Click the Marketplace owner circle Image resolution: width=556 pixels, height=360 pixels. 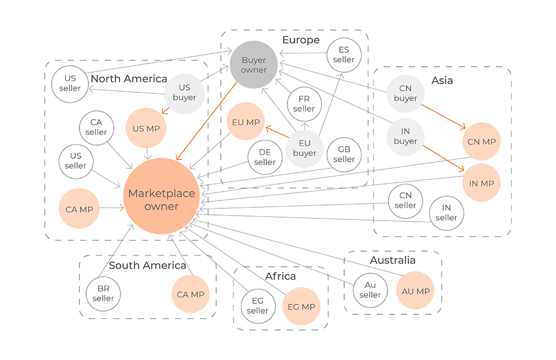tap(161, 199)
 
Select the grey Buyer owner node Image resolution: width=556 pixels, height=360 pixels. tap(254, 65)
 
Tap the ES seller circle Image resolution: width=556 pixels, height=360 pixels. tap(344, 55)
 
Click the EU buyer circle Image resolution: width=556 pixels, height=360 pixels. tap(304, 148)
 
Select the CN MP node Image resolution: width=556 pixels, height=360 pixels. tap(481, 142)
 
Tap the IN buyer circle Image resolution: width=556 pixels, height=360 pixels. tap(405, 137)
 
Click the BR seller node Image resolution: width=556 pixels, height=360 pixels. tap(103, 293)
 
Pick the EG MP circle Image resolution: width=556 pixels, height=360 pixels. tap(301, 307)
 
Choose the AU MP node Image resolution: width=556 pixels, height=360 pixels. tap(416, 291)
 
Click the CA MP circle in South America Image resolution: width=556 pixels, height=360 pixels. tap(190, 294)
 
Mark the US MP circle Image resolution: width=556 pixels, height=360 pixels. tap(146, 129)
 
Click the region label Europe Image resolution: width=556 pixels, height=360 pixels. tap(301, 40)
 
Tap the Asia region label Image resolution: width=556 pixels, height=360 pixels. tap(442, 81)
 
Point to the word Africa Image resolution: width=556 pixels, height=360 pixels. tap(280, 276)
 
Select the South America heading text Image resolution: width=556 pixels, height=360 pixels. tap(147, 265)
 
